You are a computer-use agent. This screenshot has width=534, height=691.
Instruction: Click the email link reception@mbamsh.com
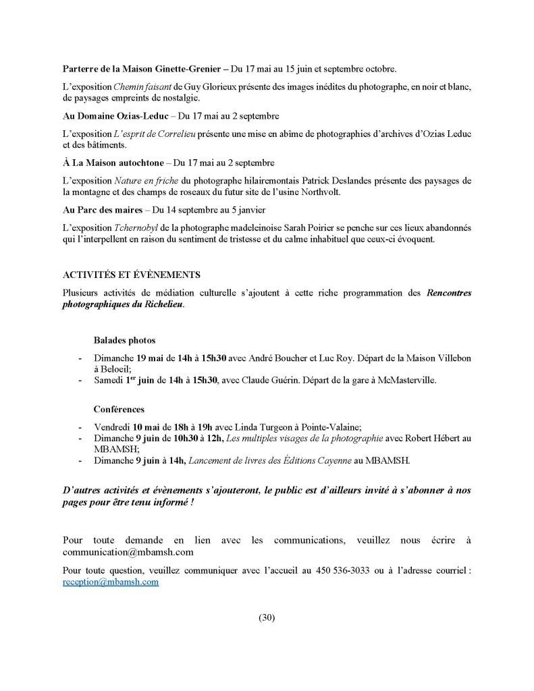pyautogui.click(x=110, y=581)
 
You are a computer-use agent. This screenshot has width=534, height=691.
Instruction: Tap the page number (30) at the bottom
pyautogui.click(x=267, y=617)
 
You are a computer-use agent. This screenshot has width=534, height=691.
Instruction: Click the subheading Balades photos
pyautogui.click(x=125, y=340)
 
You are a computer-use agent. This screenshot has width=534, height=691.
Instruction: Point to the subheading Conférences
pyautogui.click(x=119, y=410)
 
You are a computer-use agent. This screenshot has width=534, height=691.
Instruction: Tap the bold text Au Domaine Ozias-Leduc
pyautogui.click(x=114, y=116)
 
